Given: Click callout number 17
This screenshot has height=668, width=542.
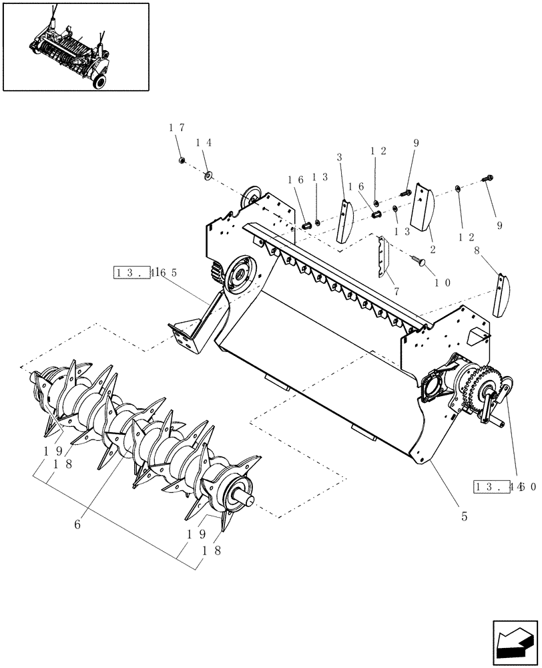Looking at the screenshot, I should pos(178,128).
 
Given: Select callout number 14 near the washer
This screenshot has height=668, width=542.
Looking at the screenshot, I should pos(204,143).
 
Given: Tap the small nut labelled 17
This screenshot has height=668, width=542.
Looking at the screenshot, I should pos(182,160).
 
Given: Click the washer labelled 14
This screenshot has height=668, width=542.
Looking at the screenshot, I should pos(208,176).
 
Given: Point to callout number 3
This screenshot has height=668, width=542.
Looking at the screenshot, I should pos(340,158).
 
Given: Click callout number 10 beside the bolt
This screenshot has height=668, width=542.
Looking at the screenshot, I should pos(443,282).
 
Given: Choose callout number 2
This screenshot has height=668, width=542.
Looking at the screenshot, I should pos(433,249).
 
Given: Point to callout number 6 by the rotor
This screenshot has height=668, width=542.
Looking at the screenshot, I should pos(77,525).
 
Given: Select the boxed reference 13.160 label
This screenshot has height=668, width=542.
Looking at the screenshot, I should pos(505,487).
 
